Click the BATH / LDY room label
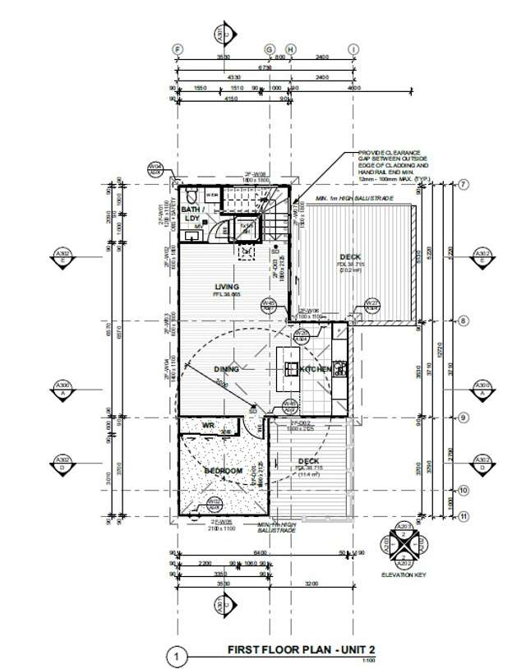(191, 214)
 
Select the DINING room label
(227, 370)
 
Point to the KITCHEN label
(316, 370)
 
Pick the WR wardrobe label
(208, 425)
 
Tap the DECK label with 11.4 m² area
(309, 462)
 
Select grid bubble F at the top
(177, 49)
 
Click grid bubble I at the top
(353, 49)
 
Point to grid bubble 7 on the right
(464, 185)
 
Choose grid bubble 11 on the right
(464, 516)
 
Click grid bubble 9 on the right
(464, 418)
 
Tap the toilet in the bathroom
(191, 197)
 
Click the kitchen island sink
(291, 363)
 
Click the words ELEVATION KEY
(403, 574)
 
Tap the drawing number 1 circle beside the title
(174, 657)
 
